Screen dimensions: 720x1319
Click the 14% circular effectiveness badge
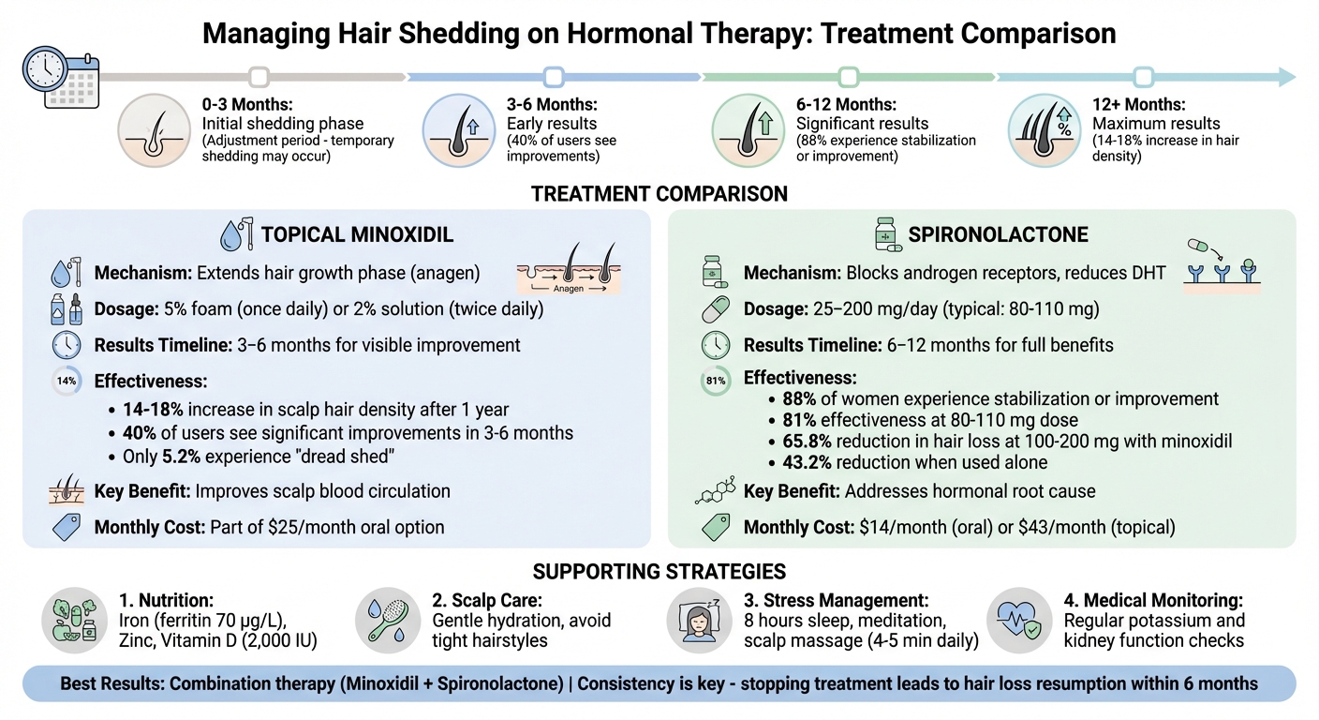(67, 382)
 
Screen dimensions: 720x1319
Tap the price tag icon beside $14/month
(716, 527)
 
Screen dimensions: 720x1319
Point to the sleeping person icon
(699, 620)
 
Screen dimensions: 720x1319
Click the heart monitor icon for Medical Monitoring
(1019, 620)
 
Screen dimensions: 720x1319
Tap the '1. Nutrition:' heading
(166, 600)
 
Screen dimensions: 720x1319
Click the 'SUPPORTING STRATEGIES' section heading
(659, 571)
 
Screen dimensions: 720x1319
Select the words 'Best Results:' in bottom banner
(112, 683)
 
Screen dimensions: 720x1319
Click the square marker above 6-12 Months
(849, 77)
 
